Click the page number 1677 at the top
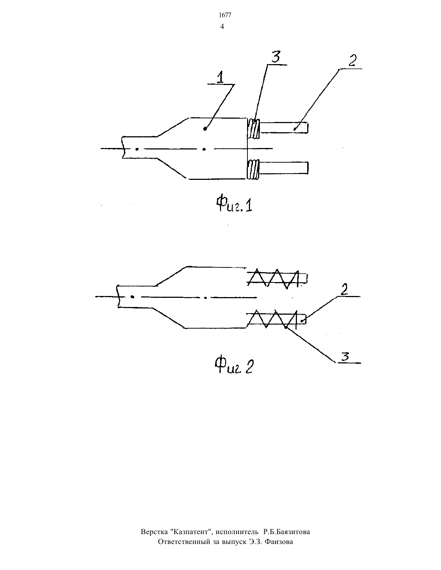coord(225,15)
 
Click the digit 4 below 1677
coord(222,27)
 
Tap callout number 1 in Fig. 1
coord(221,78)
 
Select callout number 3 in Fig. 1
coord(276,57)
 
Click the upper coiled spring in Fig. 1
coord(254,129)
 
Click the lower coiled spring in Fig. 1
coord(253,170)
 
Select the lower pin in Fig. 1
coord(283,168)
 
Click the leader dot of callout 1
coord(205,129)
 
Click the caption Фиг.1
coord(234,205)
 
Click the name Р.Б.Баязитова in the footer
coord(287,532)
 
